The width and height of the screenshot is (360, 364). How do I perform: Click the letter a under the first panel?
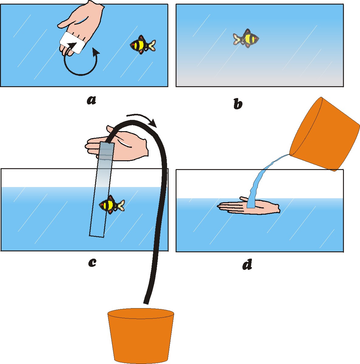91,100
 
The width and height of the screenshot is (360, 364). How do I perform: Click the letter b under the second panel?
238,104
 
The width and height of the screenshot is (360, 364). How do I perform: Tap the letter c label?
92,263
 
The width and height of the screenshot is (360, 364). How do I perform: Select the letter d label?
247,264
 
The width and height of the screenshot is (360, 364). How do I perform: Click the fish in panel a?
142,45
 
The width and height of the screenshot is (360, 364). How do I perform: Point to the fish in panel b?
246,38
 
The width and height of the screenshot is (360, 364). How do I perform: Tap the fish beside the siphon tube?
112,205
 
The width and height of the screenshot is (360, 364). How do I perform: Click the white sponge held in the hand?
72,43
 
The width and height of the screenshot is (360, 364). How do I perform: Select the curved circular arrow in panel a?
80,75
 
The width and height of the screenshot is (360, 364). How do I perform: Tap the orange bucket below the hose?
141,335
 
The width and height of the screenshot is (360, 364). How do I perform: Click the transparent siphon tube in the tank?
102,189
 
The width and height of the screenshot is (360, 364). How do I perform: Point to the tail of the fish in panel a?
151,45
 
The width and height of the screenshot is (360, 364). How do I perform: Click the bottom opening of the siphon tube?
97,236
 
